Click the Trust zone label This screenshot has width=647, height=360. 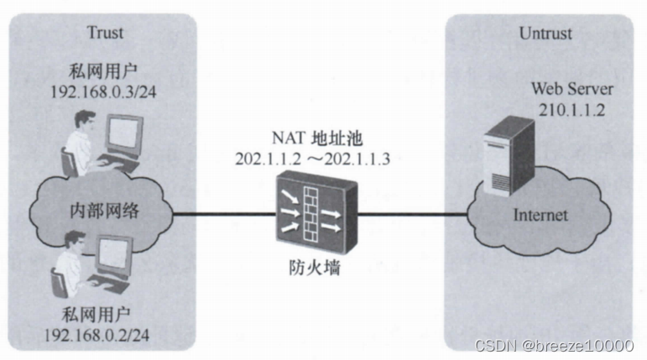[105, 34]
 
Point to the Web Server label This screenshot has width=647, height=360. [572, 88]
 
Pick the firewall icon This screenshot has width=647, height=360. [313, 214]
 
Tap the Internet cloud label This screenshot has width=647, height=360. [540, 215]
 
